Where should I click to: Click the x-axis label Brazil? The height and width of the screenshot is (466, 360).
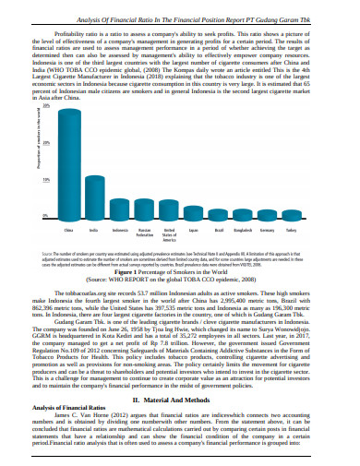[219, 229]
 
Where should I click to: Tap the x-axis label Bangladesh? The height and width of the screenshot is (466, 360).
[243, 229]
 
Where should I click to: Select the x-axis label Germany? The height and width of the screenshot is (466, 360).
[268, 229]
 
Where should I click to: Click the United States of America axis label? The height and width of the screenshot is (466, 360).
[169, 233]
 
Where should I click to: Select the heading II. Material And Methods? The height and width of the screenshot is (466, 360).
[179, 399]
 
